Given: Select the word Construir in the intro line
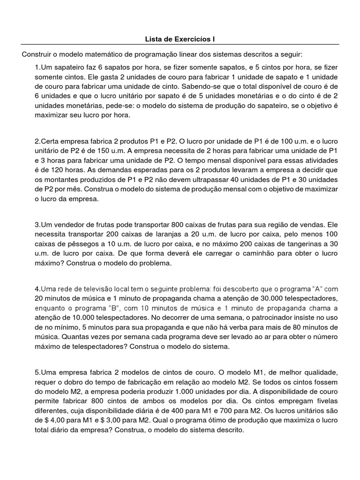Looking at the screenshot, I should (37, 54).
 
